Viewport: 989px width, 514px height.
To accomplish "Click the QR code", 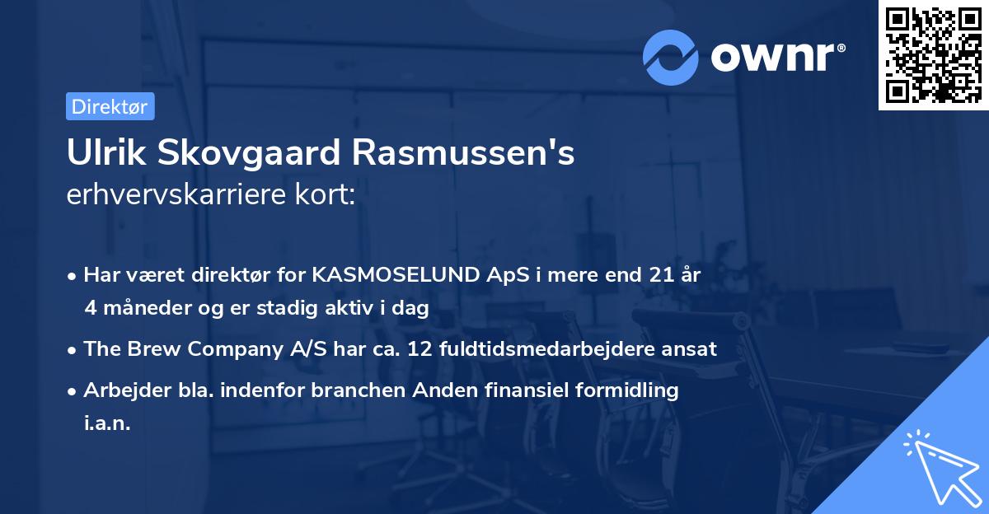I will (x=933, y=55).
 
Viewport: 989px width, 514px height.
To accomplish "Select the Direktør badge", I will (x=110, y=106).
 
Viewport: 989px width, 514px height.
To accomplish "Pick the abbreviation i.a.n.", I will (x=107, y=423).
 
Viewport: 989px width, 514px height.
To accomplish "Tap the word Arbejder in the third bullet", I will (x=120, y=390).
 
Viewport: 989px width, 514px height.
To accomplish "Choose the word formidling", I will (x=625, y=390).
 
